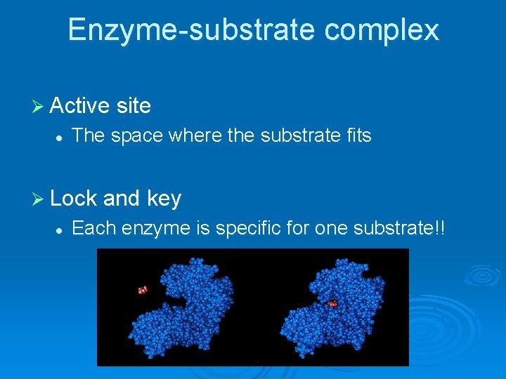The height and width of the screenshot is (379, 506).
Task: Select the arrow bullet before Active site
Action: coord(38,106)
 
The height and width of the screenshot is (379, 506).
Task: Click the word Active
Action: coord(80,106)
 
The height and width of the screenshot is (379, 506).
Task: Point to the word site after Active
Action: coord(134,106)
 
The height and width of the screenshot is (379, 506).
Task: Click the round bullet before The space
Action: coord(61,137)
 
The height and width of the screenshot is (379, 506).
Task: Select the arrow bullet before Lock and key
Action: coord(38,199)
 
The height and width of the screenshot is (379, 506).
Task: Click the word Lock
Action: coord(74,199)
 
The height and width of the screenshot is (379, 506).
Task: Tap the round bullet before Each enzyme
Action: coord(61,230)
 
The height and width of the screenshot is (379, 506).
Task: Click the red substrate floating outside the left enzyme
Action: coord(142,289)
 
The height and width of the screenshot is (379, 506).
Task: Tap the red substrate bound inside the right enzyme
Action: coord(332,303)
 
